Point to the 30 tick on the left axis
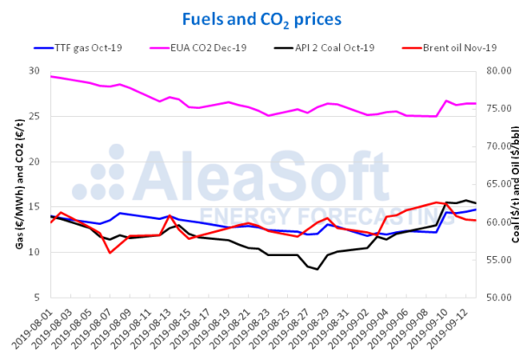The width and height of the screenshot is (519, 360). tap(35, 71)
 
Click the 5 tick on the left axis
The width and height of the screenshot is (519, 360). tap(37, 298)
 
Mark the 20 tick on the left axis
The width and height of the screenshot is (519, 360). tap(35, 162)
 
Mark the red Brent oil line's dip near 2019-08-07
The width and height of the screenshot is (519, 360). tap(110, 253)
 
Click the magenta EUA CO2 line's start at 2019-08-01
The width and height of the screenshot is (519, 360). tap(51, 76)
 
